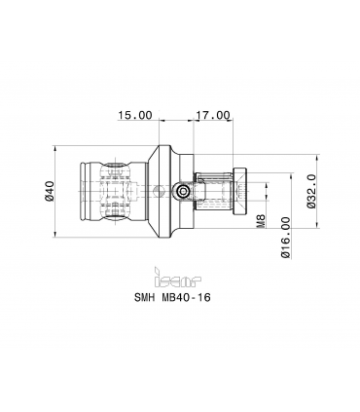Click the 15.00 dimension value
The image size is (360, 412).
click(134, 115)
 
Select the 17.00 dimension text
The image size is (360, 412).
click(212, 115)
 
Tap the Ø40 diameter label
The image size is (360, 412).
click(50, 191)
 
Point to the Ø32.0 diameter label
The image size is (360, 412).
click(310, 191)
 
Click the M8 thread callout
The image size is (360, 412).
click(262, 220)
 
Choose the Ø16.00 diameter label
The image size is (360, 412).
click(285, 238)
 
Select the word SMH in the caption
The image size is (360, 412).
click(144, 297)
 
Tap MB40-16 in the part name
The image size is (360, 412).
click(186, 297)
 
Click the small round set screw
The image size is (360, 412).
click(184, 192)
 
